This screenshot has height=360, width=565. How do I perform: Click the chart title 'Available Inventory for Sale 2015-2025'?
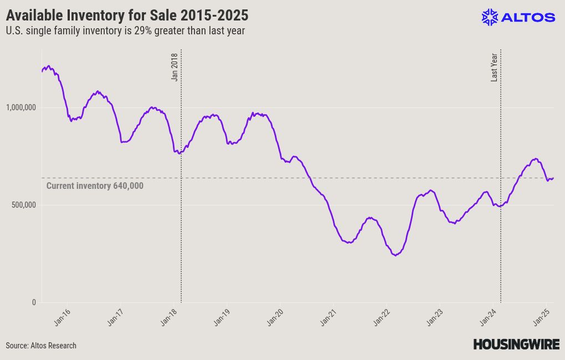pos(127,14)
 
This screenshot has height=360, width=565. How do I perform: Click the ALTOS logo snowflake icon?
pos(490,17)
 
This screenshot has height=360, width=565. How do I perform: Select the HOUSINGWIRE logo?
pos(516,344)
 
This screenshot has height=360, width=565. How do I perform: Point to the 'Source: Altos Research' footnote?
pos(41,346)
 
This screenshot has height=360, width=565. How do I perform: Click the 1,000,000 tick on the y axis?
pos(20,107)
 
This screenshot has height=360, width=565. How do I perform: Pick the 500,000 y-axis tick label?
pos(23,205)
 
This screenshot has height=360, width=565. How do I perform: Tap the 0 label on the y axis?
pos(33,302)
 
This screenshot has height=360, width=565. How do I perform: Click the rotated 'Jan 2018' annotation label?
pos(174,67)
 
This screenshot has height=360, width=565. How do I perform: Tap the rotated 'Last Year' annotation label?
pos(494,67)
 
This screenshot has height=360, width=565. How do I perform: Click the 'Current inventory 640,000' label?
pos(95,186)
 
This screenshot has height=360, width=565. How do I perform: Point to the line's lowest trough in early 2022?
pos(395,255)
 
